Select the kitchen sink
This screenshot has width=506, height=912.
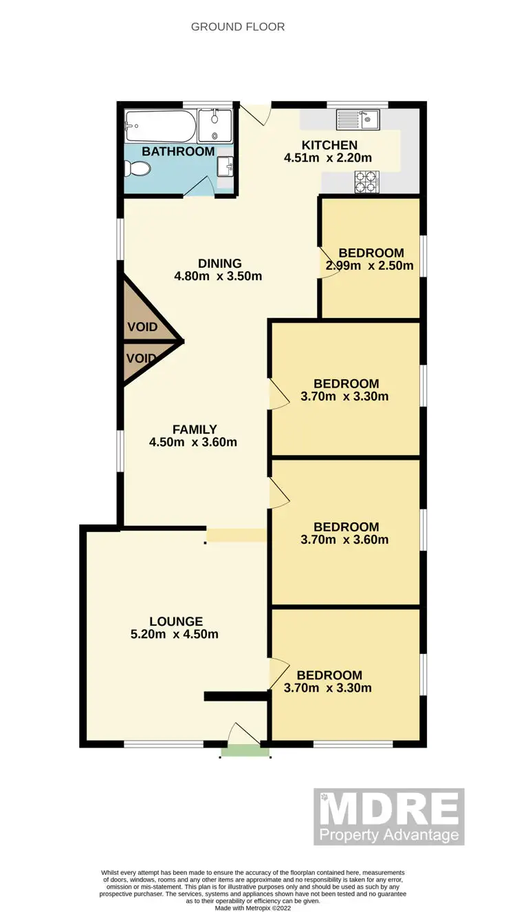357,120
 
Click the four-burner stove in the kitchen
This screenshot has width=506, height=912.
365,182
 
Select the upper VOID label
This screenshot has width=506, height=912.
142,327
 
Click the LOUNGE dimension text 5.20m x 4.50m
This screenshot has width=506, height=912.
175,634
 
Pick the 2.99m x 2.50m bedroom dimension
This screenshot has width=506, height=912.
370,266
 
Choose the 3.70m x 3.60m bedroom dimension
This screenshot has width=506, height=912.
344,540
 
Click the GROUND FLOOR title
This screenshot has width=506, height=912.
237,27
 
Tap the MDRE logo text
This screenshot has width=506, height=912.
388,809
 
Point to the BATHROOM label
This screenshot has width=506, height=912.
178,151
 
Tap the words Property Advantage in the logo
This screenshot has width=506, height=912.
388,835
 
